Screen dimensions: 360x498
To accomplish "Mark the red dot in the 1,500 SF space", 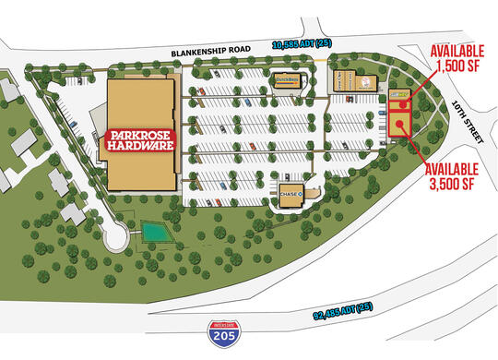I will [x=404, y=105].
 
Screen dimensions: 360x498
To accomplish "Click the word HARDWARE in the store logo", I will [x=141, y=146].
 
